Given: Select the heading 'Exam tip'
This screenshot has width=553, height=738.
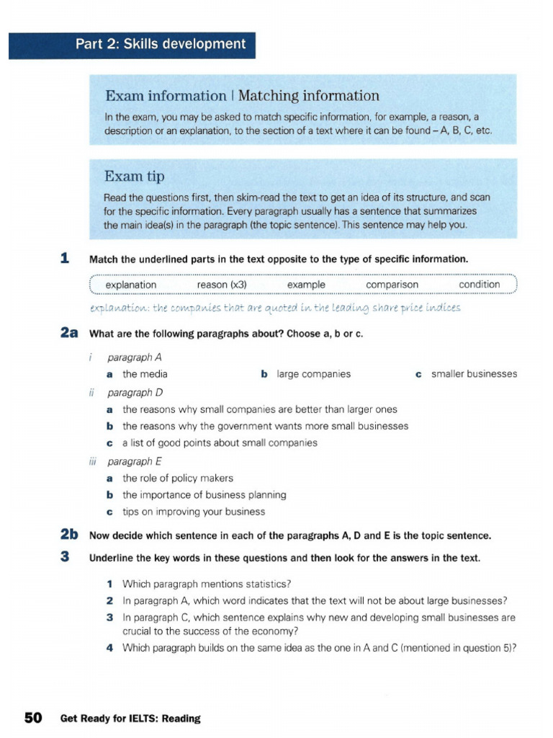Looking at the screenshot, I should pos(135,177).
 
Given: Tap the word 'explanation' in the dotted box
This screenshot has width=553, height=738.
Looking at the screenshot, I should pos(130,285).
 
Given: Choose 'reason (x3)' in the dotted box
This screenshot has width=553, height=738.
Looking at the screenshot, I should pos(222,285).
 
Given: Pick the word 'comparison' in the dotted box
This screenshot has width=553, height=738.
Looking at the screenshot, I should pos(392,285).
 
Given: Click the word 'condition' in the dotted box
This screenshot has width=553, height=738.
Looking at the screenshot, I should pos(479,285).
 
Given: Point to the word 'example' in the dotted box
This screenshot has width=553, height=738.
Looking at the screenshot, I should pos(306,285).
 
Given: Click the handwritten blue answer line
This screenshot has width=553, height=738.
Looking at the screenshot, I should pos(274,308).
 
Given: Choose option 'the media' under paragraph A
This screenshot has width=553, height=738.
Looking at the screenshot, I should pos(145,374).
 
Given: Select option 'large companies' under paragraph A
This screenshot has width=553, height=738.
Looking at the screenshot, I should pos(313,374).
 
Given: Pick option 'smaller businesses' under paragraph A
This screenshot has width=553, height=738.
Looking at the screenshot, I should pos(474,374).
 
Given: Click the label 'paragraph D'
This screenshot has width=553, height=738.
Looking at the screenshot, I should pos(135,393).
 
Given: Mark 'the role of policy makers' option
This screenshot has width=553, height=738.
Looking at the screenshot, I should pos(177,478).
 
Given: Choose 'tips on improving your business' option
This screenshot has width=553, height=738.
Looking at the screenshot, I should pos(193,512).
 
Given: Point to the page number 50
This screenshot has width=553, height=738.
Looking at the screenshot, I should pos(34,718).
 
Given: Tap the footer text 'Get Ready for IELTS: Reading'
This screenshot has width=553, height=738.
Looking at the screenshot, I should pos(130,719).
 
